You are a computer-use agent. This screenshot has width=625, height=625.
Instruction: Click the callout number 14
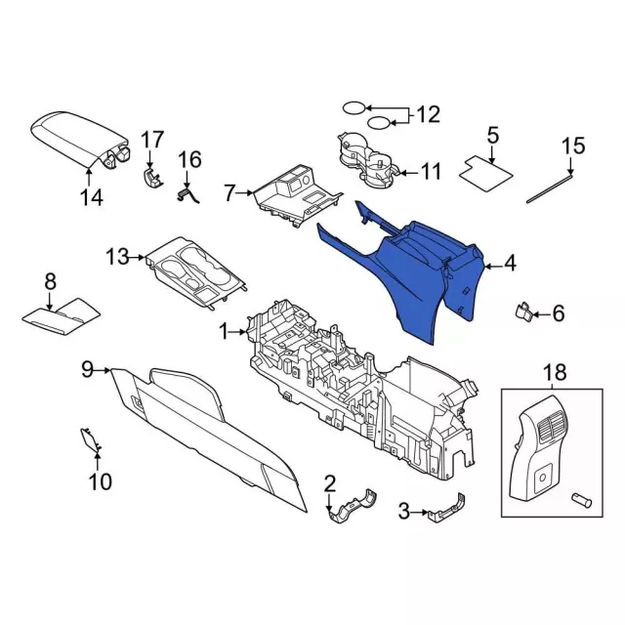pyautogui.click(x=90, y=198)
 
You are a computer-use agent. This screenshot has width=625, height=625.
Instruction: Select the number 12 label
pyautogui.click(x=428, y=115)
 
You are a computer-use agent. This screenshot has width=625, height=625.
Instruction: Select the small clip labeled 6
pyautogui.click(x=523, y=312)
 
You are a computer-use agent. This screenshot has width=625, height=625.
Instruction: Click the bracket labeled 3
pyautogui.click(x=446, y=509)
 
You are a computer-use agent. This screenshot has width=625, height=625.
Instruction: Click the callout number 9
pyautogui.click(x=86, y=369)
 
